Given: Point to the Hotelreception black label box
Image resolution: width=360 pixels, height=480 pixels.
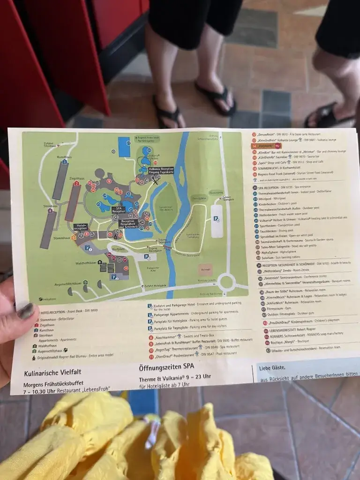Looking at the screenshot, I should click(x=81, y=227).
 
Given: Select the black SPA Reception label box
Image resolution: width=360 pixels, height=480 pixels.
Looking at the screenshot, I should click(x=119, y=210).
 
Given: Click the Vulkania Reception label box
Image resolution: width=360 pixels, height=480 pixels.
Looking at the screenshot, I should click(x=161, y=170).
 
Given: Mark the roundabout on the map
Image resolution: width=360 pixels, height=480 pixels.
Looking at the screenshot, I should click(x=227, y=282).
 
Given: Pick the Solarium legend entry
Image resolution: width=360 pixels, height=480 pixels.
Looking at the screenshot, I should click(x=273, y=258).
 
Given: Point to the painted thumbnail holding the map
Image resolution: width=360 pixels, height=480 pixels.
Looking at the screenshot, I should click(x=26, y=311).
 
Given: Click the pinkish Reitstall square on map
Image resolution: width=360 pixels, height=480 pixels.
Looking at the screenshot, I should click(x=205, y=270).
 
